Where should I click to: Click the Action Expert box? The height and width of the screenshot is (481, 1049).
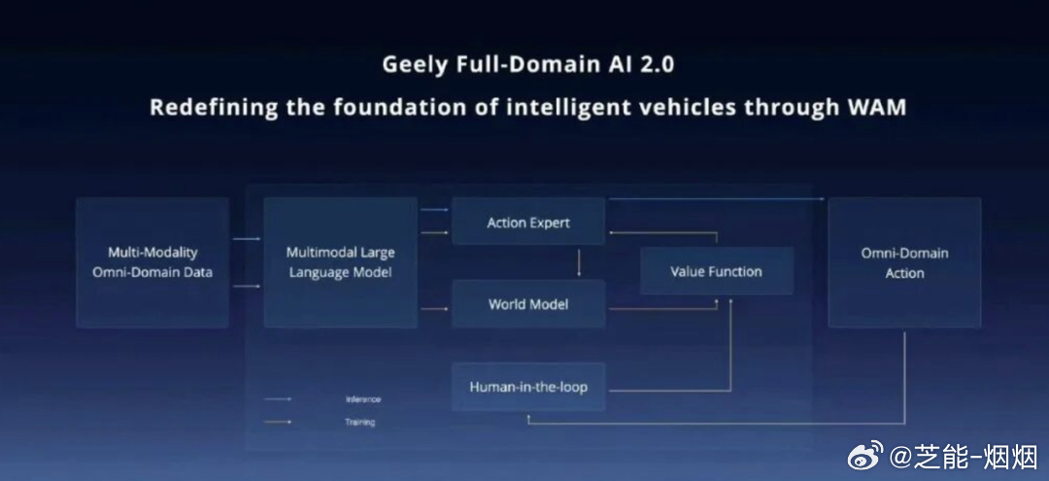point(527,223)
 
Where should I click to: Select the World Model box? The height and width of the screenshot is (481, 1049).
point(527,304)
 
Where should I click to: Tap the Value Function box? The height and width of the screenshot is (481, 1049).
point(716,271)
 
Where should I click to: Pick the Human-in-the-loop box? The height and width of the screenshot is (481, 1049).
point(527,387)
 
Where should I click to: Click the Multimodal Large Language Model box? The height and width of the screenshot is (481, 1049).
point(340,262)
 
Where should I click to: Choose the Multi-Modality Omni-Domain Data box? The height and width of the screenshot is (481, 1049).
point(152,262)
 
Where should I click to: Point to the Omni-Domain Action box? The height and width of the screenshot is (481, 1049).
point(903,262)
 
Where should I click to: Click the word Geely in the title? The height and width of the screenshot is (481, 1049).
point(414,65)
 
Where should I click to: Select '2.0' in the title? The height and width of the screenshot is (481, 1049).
point(655,65)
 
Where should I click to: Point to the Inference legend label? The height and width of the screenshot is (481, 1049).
point(362,399)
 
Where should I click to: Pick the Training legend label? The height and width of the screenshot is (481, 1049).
point(359,422)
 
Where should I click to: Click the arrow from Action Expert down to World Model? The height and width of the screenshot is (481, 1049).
point(579,262)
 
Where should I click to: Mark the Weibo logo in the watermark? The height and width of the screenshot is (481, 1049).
point(865,454)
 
